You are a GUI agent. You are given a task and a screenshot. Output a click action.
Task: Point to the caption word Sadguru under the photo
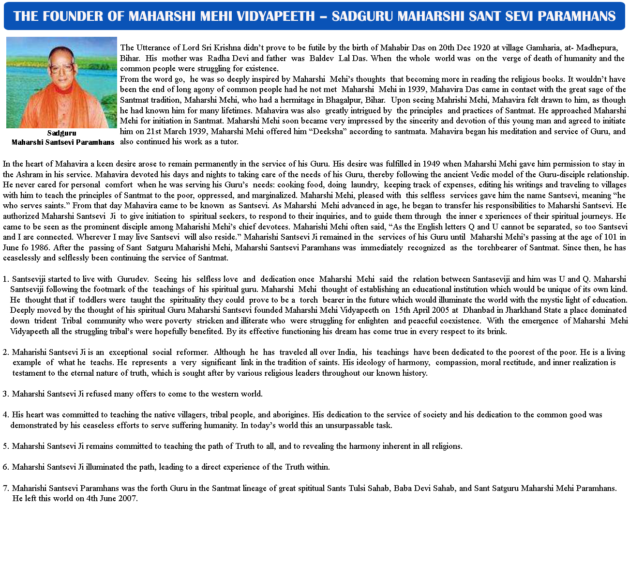tap(61, 133)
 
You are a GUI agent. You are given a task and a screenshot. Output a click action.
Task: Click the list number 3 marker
tap(5, 394)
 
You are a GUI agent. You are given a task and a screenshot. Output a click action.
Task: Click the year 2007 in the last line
tap(128, 499)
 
